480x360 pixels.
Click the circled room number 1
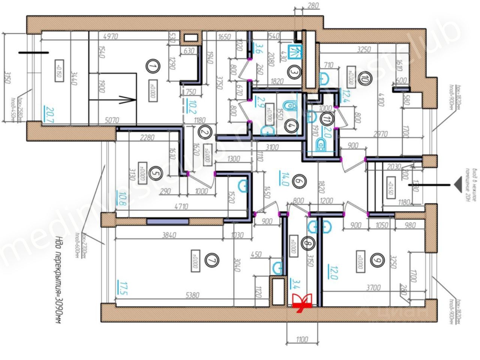(x=152, y=67)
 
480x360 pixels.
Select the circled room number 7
(x=212, y=261)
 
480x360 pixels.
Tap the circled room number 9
(x=378, y=260)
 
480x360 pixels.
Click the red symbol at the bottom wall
(x=302, y=302)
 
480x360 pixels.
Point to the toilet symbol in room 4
(x=288, y=106)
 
